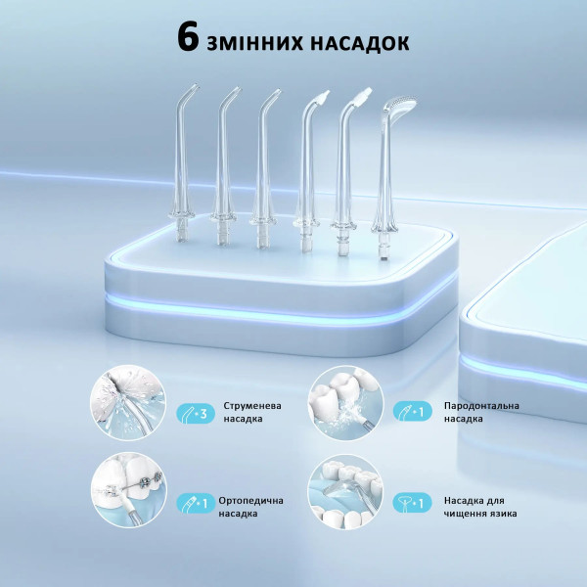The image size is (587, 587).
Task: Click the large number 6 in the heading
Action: pos(188,37)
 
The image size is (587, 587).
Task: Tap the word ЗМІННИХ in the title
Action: pos(254,43)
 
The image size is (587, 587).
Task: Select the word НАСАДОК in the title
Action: pos(360,43)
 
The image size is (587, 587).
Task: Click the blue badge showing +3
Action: pos(196,414)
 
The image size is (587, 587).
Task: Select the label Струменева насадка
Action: pos(252,412)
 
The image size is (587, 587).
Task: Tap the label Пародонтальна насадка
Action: pos(481,412)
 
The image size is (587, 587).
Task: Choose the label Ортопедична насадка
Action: pos(250,507)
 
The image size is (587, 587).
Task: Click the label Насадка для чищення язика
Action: pos(480,507)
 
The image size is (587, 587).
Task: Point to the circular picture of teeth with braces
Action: pos(129,490)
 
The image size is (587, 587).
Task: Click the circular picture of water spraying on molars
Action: pos(346,403)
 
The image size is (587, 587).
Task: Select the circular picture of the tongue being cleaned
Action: pos(346,492)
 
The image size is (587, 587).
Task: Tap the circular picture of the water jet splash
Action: pos(128,402)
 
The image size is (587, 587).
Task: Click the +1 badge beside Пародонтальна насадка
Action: pos(412,411)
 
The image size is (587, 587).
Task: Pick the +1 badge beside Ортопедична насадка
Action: pos(196,503)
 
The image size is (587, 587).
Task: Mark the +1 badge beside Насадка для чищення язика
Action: pos(412,503)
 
